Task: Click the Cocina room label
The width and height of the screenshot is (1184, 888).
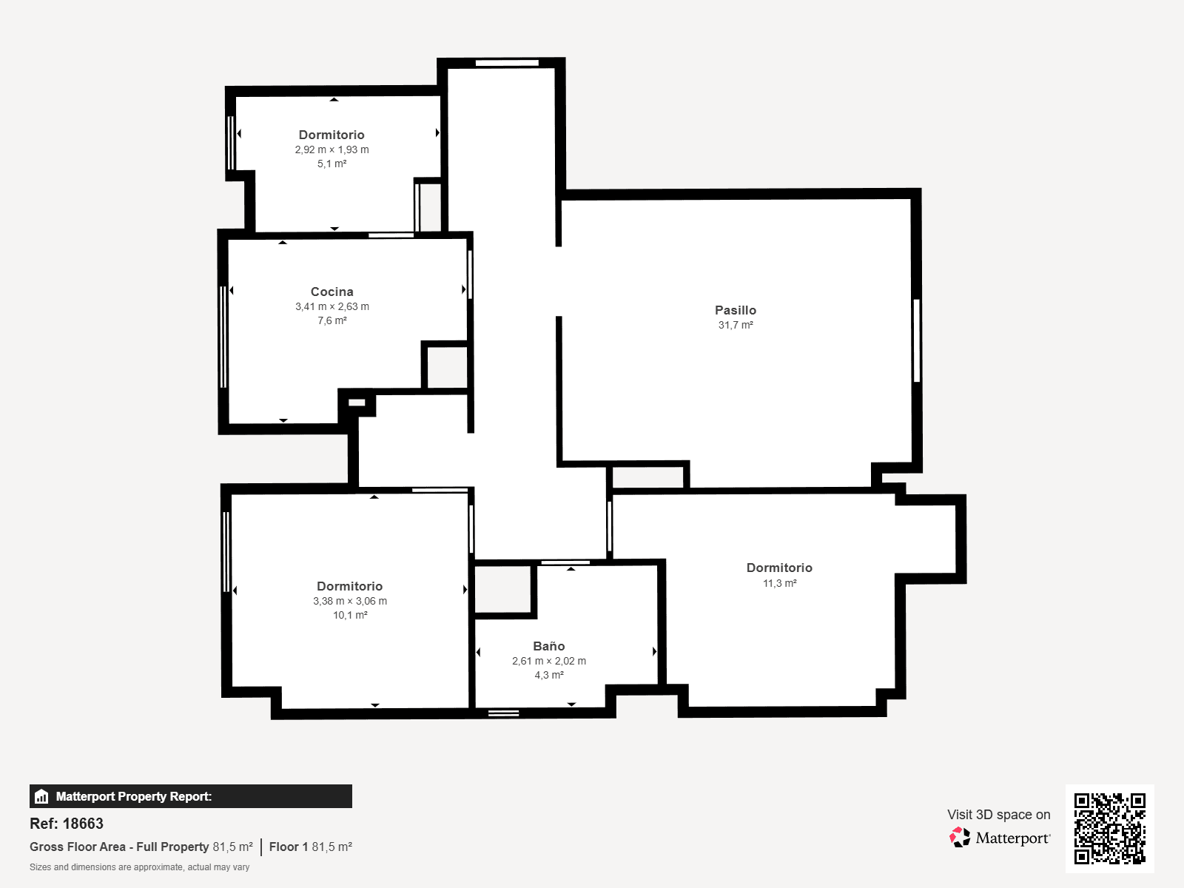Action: [332, 292]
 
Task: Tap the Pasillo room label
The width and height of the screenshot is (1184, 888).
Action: [736, 310]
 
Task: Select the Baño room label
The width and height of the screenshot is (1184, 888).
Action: [548, 646]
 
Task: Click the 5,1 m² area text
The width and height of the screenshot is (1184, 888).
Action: [332, 164]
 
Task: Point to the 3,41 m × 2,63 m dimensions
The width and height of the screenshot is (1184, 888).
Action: [332, 306]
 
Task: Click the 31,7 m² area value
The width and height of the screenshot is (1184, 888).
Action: [736, 325]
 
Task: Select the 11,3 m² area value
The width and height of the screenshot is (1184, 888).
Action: [779, 583]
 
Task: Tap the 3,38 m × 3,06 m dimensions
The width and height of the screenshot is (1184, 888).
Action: [349, 601]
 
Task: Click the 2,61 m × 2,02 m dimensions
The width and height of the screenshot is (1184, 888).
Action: [548, 661]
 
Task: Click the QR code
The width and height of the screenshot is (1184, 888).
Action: [1109, 829]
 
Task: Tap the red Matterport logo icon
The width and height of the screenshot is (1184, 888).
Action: [959, 838]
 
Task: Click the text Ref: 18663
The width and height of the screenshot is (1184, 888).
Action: [67, 824]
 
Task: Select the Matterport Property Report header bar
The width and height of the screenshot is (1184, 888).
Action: [190, 795]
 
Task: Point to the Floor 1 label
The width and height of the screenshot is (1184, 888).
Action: [289, 847]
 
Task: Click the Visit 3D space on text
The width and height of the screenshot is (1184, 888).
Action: [998, 814]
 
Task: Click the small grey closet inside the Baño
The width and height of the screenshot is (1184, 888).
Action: [502, 589]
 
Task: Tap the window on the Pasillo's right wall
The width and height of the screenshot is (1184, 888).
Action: [916, 340]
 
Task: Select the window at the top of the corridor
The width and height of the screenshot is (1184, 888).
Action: [506, 63]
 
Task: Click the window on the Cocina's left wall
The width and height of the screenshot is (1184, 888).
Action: [223, 337]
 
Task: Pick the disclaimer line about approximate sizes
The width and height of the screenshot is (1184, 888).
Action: [139, 867]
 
